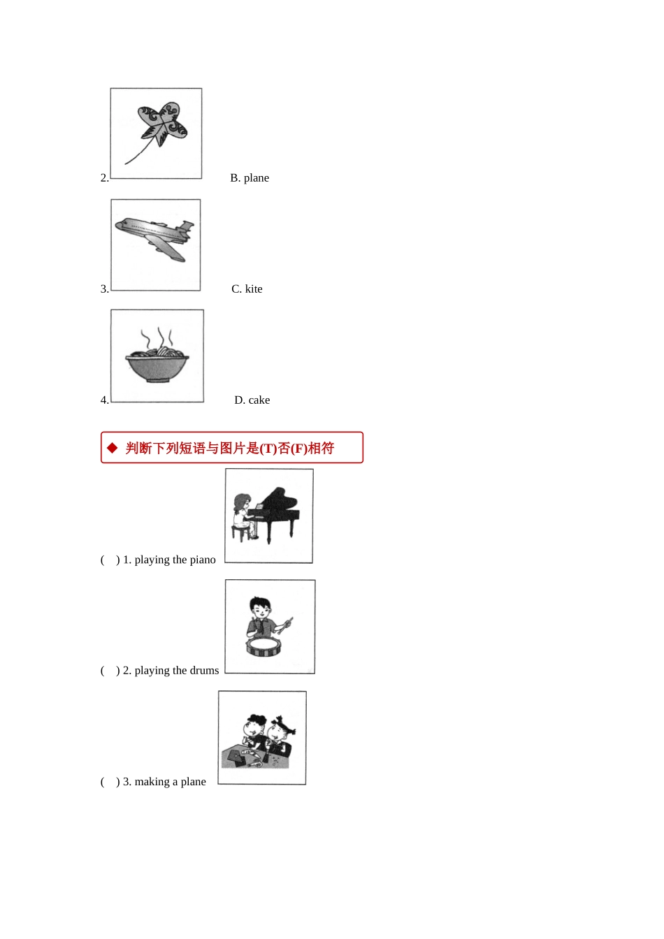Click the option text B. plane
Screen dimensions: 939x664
[x=250, y=178]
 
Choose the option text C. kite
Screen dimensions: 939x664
[x=247, y=289]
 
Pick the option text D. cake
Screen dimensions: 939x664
[x=252, y=400]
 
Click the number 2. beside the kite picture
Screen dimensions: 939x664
[x=104, y=178]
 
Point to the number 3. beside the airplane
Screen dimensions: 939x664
[x=104, y=289]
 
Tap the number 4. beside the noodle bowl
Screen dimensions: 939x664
[x=104, y=400]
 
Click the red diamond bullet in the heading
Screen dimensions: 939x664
[x=113, y=448]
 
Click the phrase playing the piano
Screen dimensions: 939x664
[x=175, y=560]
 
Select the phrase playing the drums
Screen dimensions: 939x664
[x=177, y=671]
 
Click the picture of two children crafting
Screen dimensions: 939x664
[x=262, y=738]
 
